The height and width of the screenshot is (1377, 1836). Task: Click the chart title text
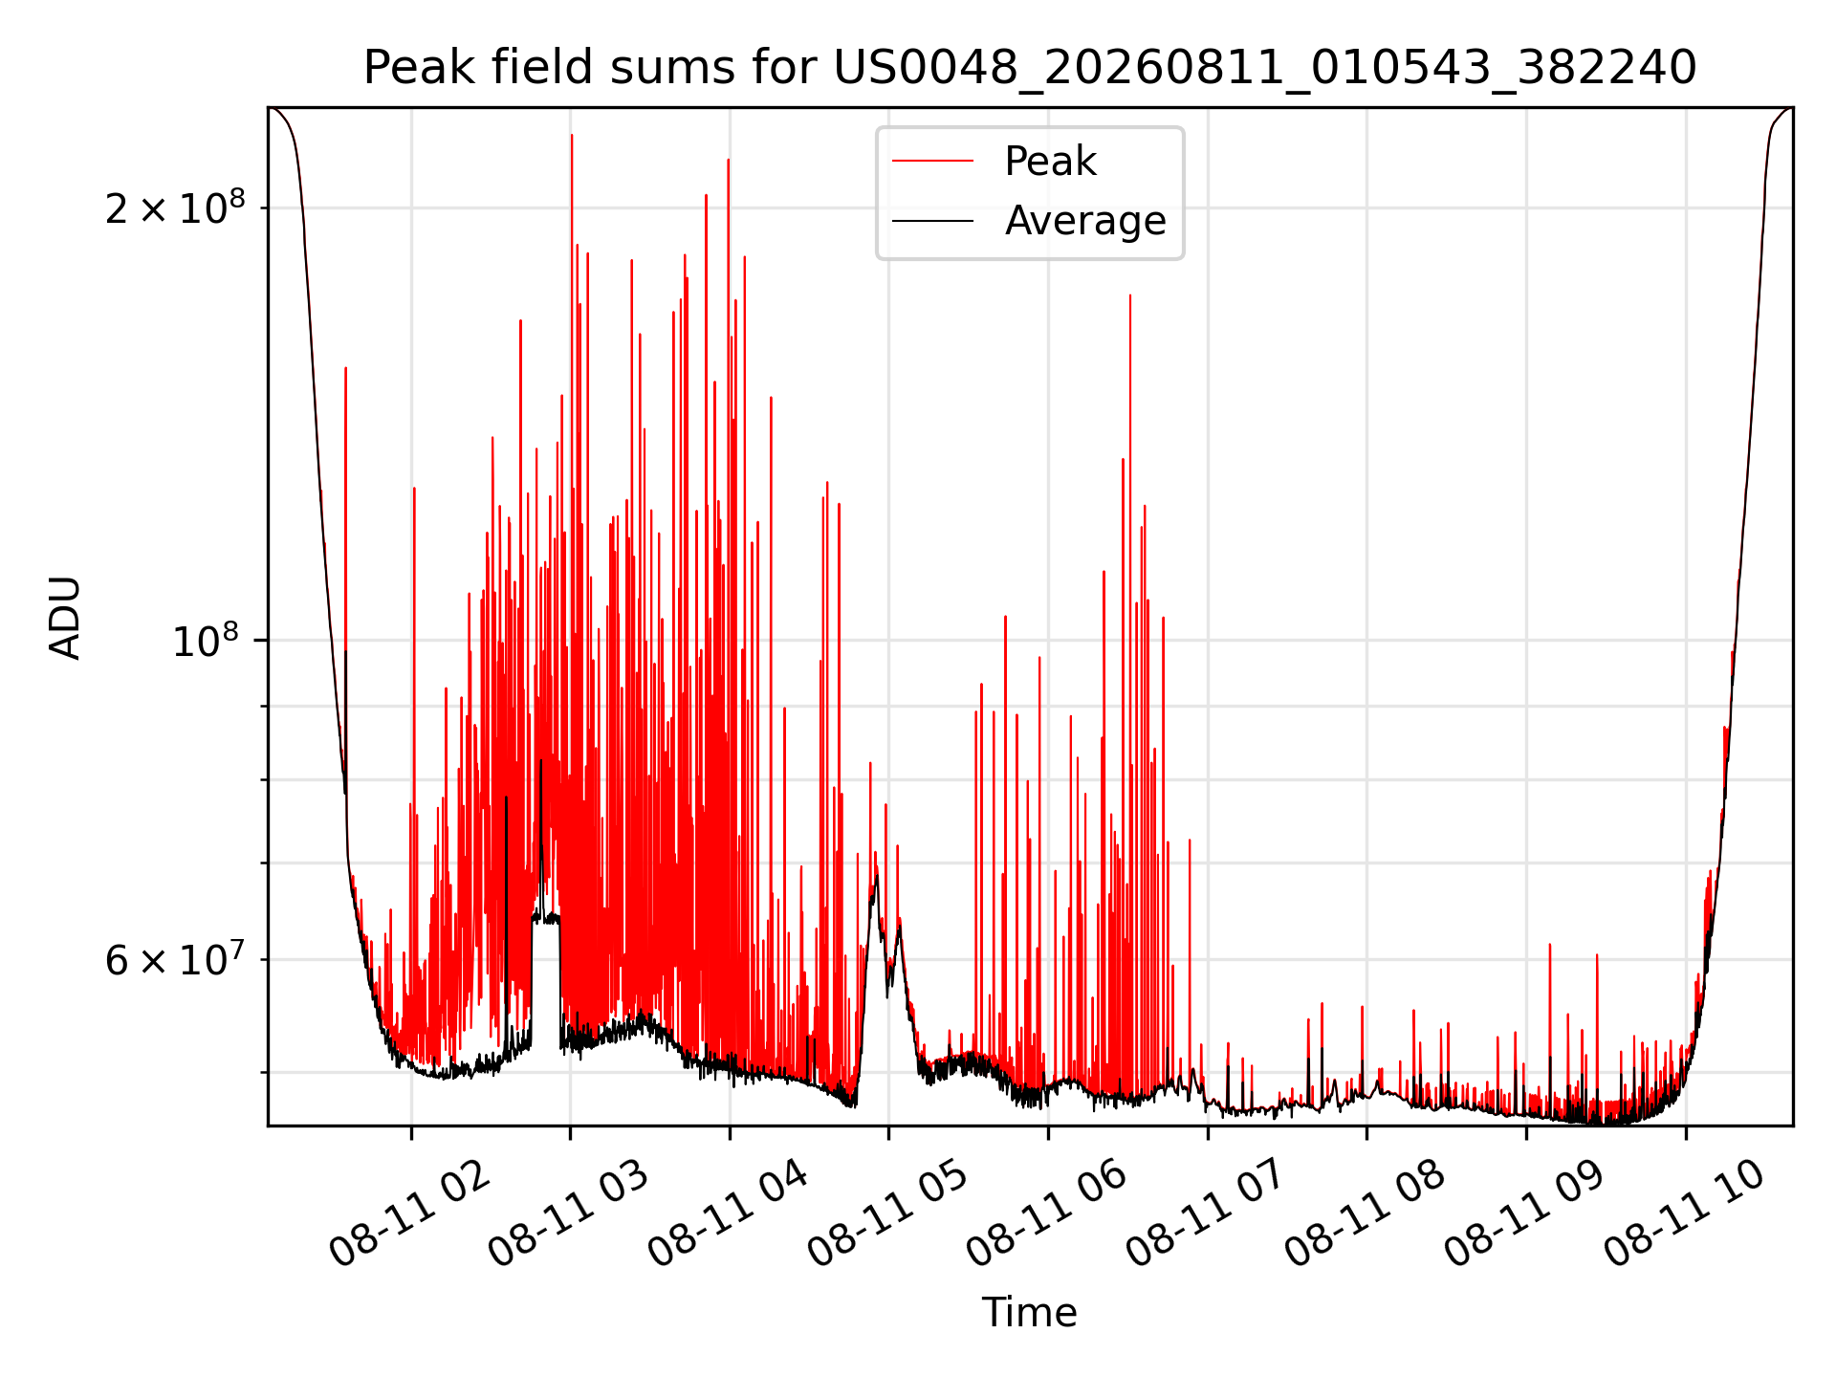(1030, 68)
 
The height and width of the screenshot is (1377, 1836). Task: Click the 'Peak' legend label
(1050, 162)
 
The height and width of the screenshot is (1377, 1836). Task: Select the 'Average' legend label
(1085, 221)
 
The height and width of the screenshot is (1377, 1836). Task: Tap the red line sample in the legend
(932, 162)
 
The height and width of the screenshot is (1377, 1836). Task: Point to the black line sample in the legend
(932, 221)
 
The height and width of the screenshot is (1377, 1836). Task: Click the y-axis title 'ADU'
(66, 617)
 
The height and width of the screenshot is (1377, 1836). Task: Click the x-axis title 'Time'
(1030, 1313)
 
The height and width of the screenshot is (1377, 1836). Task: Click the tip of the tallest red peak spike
(572, 135)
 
